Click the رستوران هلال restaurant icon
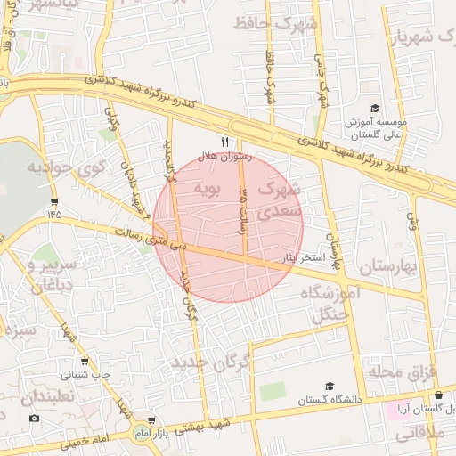point(224,141)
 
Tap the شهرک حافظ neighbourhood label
point(275,24)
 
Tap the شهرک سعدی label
point(280,201)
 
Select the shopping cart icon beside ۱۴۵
point(56,202)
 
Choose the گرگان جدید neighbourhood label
point(211,362)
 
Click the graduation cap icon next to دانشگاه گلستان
point(330,387)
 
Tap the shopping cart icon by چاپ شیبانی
point(84,362)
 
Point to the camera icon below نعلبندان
point(34,418)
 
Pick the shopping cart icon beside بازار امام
point(152,419)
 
